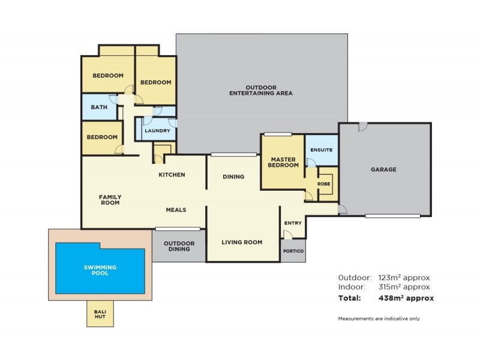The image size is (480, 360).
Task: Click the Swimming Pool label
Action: click(x=100, y=269)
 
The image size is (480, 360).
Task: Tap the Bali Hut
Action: click(x=100, y=313)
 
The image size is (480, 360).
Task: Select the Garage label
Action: click(x=384, y=169)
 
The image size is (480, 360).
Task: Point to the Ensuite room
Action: click(x=321, y=150)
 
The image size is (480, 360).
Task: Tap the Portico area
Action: click(x=293, y=250)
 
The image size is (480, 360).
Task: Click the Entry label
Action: click(x=293, y=223)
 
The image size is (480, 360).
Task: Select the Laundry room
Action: click(x=158, y=130)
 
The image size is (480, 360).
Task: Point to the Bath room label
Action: click(x=99, y=107)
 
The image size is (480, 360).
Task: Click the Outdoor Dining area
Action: click(x=178, y=246)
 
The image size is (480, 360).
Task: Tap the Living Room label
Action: click(x=242, y=242)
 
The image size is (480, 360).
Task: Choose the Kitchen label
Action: click(x=171, y=175)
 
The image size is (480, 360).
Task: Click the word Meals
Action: click(x=176, y=210)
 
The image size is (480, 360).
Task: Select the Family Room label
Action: click(x=110, y=200)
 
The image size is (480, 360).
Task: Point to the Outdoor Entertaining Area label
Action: click(x=260, y=91)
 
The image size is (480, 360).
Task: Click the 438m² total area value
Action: click(x=406, y=298)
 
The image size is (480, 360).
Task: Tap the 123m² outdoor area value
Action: click(x=404, y=278)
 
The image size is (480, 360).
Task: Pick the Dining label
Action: click(x=233, y=177)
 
